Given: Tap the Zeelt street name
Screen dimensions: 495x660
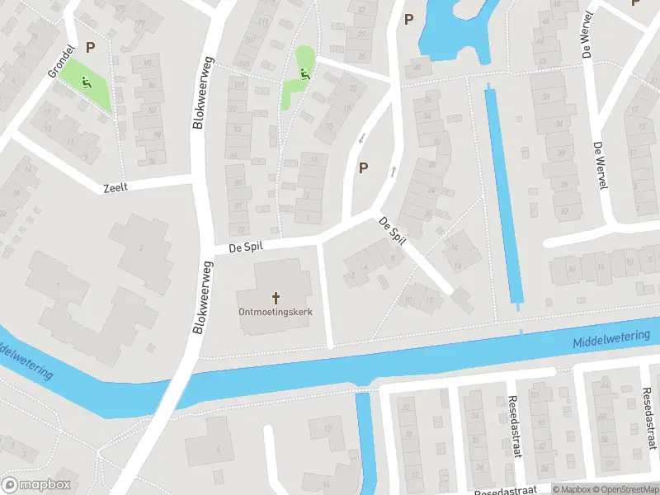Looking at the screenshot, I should point(115,188).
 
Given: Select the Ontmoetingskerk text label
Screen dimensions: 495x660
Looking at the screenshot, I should point(275,312).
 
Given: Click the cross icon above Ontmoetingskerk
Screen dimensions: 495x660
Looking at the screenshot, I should point(275,297).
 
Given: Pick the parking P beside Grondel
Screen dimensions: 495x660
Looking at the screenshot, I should point(90,48).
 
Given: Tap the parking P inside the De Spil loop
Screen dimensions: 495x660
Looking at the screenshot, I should point(363,167).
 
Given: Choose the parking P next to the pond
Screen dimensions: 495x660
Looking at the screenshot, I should point(408,19).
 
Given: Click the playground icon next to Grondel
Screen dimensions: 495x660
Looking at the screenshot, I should point(86,82).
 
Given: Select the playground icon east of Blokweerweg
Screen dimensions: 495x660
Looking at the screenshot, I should point(304,75).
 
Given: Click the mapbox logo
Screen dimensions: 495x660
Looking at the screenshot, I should point(36,485).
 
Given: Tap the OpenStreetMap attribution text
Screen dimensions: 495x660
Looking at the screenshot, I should point(624,489).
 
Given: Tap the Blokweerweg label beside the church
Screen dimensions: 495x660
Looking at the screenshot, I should point(200,297).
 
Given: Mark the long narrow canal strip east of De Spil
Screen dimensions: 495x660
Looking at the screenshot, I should point(504,198).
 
